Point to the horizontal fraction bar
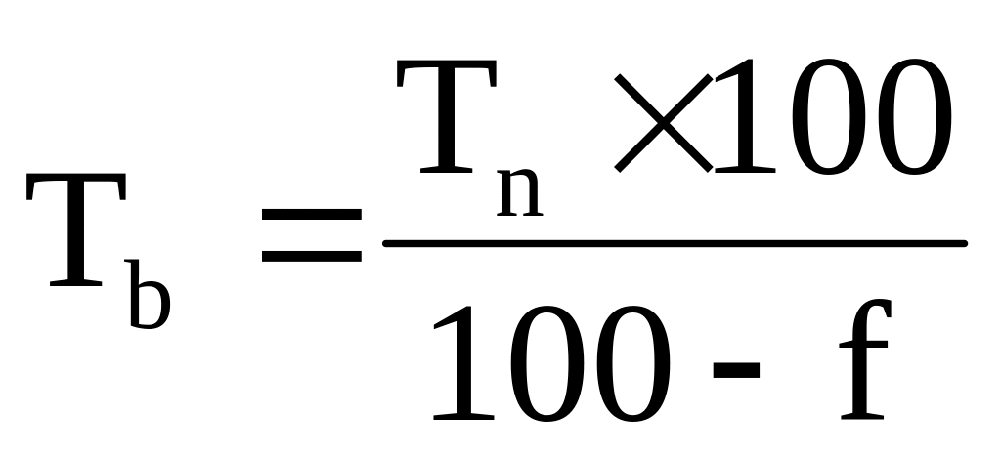pos(675,243)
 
